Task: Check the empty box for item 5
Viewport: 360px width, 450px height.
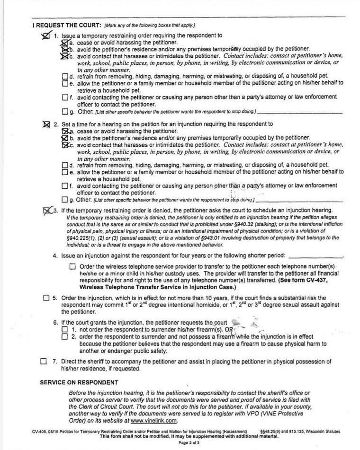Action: pos(46,298)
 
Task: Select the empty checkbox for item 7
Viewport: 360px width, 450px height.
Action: pos(44,362)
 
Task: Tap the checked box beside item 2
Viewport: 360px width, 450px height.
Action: pos(46,124)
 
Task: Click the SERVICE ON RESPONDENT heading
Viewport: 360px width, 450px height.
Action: pos(79,382)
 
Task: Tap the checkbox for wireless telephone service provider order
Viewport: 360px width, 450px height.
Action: pos(72,267)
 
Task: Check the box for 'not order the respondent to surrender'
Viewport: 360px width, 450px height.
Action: pos(65,329)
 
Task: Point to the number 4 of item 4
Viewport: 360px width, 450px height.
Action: pos(54,256)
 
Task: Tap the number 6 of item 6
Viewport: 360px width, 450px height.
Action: pos(54,322)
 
